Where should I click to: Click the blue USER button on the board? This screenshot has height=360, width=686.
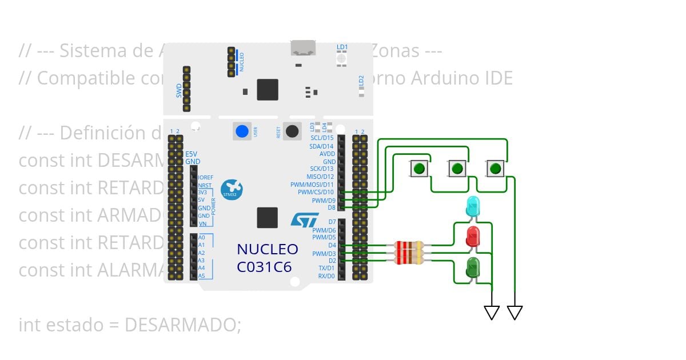[242, 131]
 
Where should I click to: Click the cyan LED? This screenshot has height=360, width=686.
[473, 206]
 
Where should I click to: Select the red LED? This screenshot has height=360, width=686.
[473, 237]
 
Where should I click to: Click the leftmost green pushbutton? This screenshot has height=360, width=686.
[419, 169]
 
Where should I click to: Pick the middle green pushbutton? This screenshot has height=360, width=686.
[457, 169]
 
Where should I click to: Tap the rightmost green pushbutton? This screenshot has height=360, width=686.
[496, 169]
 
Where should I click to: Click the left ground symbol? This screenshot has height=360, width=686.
[492, 312]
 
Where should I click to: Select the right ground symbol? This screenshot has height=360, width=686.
[514, 312]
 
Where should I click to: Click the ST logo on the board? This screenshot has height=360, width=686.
[304, 219]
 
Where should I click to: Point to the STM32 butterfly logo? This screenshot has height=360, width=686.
[232, 188]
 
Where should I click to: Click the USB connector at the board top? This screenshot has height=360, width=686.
[304, 48]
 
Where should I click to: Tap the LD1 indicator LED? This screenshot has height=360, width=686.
[342, 57]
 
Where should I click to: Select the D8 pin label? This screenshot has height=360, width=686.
[332, 207]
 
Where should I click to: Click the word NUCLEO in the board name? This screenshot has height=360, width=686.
[267, 250]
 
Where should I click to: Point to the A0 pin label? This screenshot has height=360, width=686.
[201, 237]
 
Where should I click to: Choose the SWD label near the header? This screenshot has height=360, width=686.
[179, 90]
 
